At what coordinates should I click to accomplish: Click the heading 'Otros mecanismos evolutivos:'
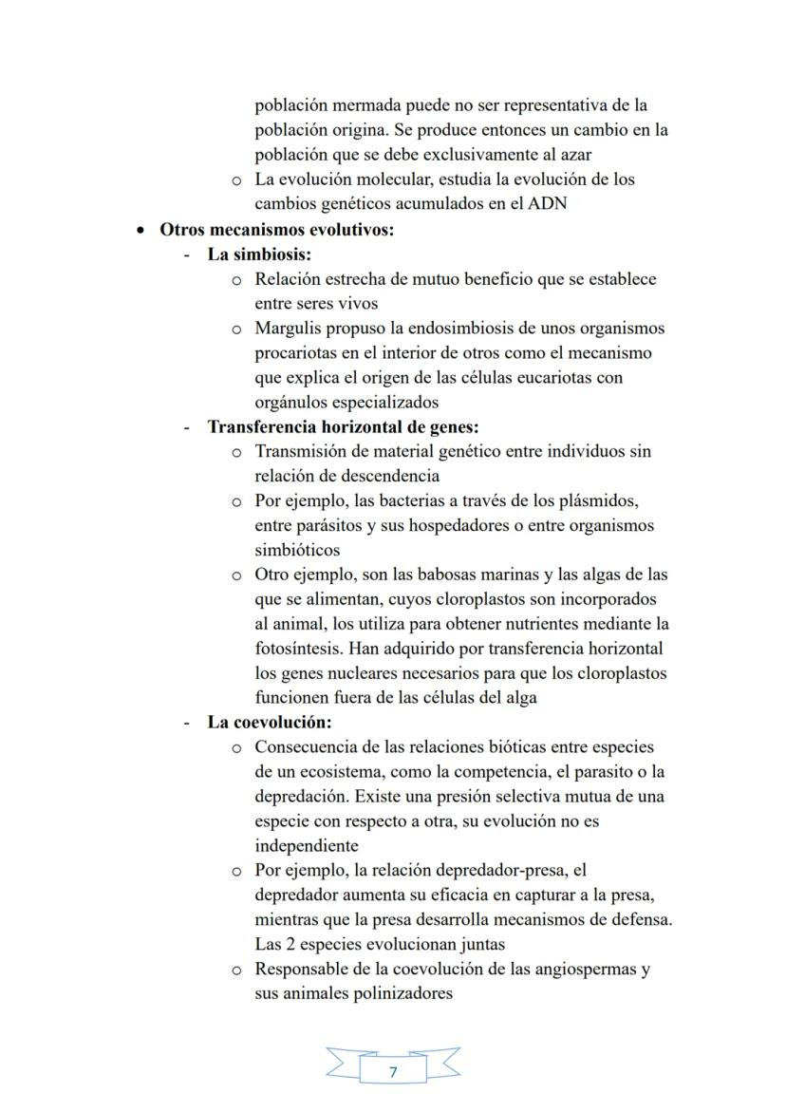coord(276,230)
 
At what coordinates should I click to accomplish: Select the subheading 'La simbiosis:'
coord(259,254)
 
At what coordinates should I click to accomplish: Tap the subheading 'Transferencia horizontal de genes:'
coord(343,427)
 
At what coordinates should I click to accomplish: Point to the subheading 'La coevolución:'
coord(269,723)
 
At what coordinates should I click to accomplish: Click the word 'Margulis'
coord(287,329)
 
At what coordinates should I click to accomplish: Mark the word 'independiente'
coord(306,846)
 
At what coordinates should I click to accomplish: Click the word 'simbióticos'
coord(297,550)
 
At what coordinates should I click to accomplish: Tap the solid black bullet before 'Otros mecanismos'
coord(140,231)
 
